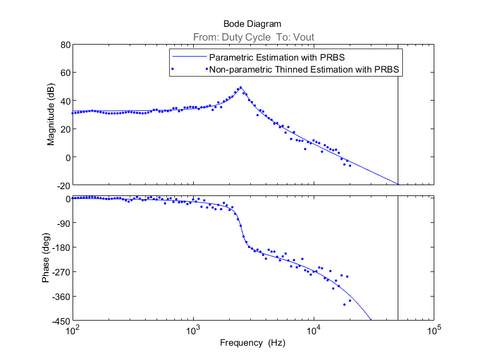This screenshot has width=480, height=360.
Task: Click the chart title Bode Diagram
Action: [252, 24]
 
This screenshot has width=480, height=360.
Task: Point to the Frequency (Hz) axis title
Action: [252, 343]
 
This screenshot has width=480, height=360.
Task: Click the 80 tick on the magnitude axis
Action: [64, 45]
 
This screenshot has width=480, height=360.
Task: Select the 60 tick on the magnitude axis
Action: [64, 73]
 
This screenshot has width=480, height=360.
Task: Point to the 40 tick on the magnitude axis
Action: [64, 101]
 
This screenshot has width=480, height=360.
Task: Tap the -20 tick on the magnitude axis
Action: [62, 185]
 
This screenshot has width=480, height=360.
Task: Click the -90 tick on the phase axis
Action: [61, 223]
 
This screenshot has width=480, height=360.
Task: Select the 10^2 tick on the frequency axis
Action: [73, 330]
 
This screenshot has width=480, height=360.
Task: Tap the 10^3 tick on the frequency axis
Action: [194, 330]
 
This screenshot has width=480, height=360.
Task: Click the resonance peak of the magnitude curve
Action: [241, 87]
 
